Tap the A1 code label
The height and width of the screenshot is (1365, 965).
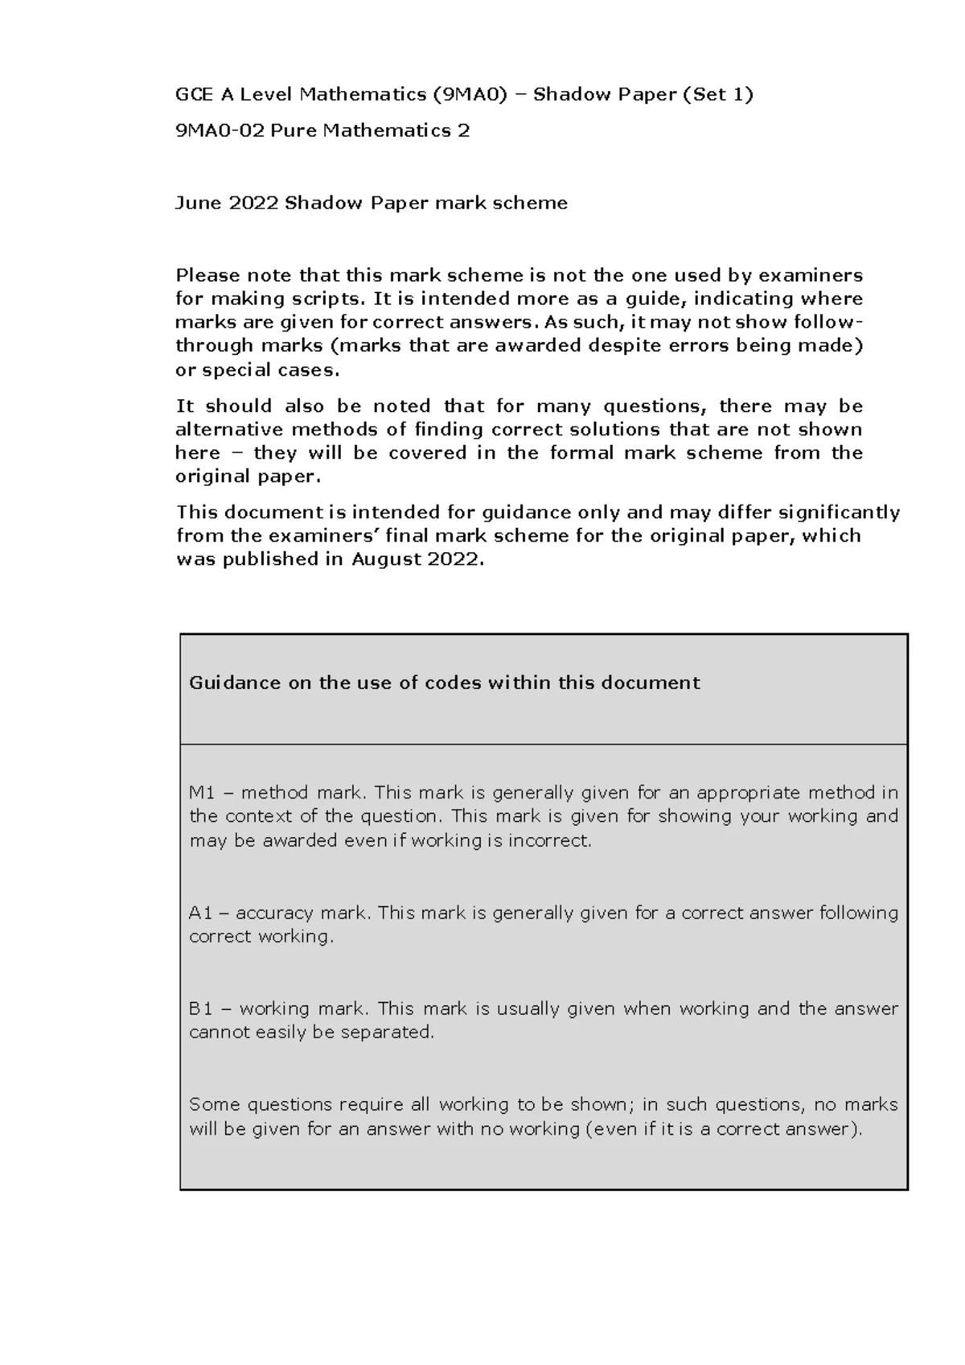coord(200,913)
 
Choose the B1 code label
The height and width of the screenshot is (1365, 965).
coord(200,1008)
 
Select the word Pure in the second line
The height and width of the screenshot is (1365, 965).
coord(294,130)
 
